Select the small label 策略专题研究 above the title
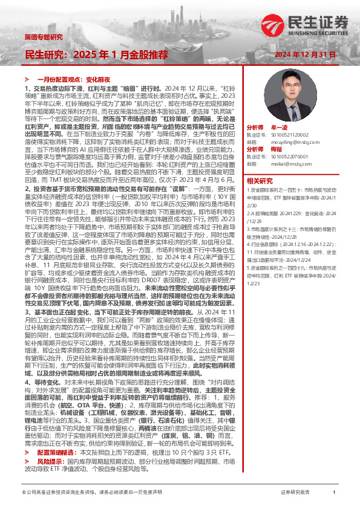coord(43,37)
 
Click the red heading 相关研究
coord(260,180)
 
